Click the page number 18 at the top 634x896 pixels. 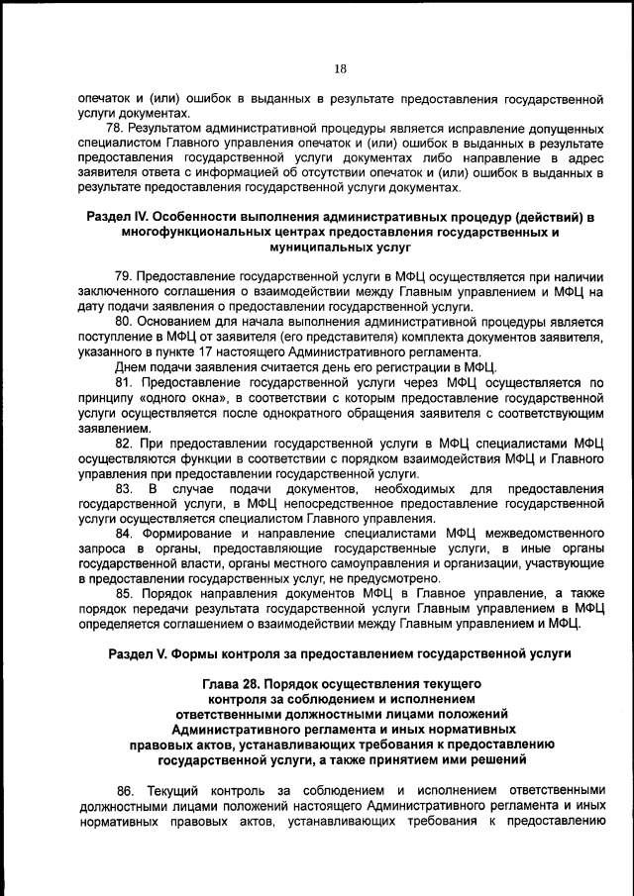coord(339,69)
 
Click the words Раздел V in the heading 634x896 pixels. coord(139,654)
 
